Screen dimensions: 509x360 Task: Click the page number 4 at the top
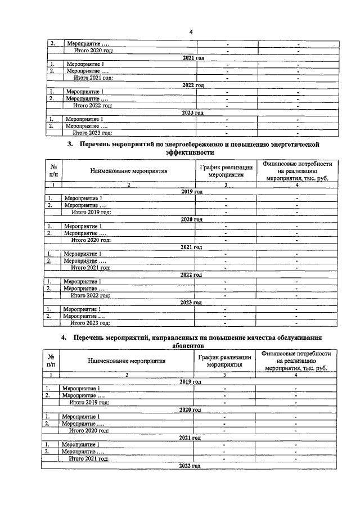click(191, 31)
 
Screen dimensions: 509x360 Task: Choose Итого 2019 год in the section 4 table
click(88, 403)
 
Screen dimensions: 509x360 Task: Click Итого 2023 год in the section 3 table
click(89, 323)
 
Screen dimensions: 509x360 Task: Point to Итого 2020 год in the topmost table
click(93, 51)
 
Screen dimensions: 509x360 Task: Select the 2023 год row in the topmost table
click(193, 112)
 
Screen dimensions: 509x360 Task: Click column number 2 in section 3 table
click(128, 184)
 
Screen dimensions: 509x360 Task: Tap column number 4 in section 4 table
click(296, 375)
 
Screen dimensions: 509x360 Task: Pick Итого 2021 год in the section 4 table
click(88, 459)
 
